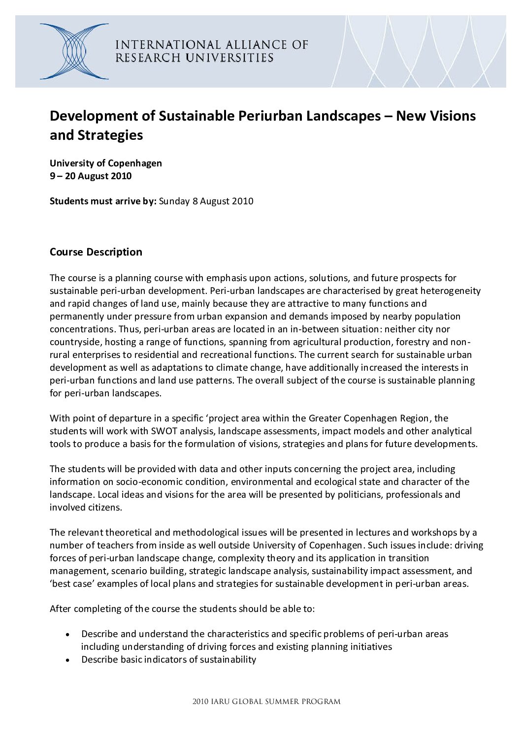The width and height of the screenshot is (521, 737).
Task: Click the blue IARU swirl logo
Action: pos(74,51)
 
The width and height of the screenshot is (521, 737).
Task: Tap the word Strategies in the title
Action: pos(110,135)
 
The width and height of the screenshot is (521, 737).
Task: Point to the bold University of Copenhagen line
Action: pos(105,163)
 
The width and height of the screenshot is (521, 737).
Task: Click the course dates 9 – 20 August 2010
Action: pos(91,176)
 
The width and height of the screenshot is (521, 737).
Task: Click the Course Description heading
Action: pos(96,252)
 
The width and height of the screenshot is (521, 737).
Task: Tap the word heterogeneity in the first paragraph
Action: pos(451,291)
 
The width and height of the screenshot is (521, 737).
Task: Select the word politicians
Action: pos(358,494)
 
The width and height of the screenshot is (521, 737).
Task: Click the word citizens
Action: pos(105,507)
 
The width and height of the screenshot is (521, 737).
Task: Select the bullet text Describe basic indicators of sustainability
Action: pos(168,660)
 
